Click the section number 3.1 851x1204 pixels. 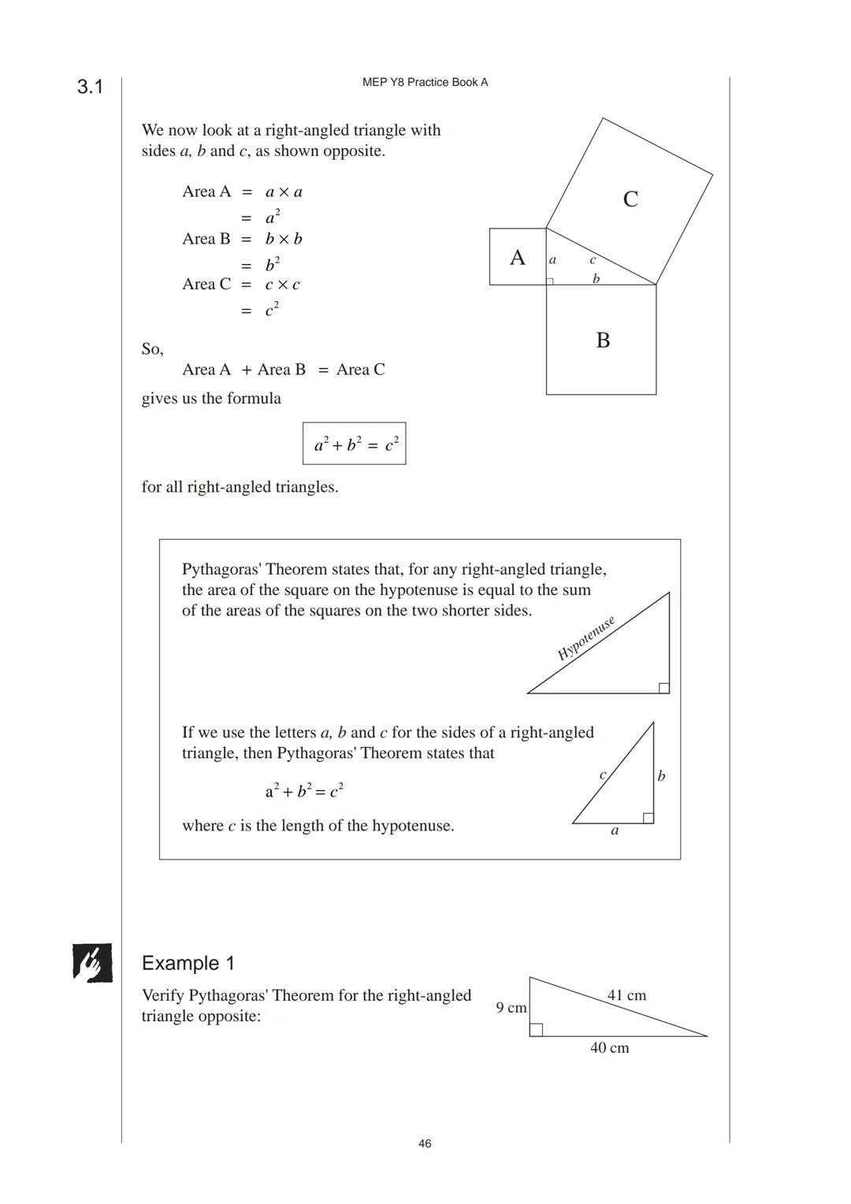pos(90,87)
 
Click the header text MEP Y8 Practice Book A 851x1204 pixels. pos(425,82)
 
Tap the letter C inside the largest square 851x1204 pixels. pos(630,199)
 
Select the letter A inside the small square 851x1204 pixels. pos(517,258)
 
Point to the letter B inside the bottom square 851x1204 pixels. pos(603,340)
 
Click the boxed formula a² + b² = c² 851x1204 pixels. pos(355,444)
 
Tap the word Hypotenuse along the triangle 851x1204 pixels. pos(585,638)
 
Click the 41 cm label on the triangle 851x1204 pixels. pos(626,995)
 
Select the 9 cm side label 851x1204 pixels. pos(511,1008)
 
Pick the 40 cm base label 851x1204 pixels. pos(609,1047)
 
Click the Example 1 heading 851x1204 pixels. pos(188,963)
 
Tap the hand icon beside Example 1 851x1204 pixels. pos(92,962)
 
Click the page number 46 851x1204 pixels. pos(425,1143)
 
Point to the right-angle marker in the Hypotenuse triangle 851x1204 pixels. pos(663,688)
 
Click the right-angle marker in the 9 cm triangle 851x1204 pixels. pos(536,1030)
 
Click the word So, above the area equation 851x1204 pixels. pos(152,349)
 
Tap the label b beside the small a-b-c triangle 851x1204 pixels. pos(661,776)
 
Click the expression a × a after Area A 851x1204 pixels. pos(284,191)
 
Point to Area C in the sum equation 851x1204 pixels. pos(360,370)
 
